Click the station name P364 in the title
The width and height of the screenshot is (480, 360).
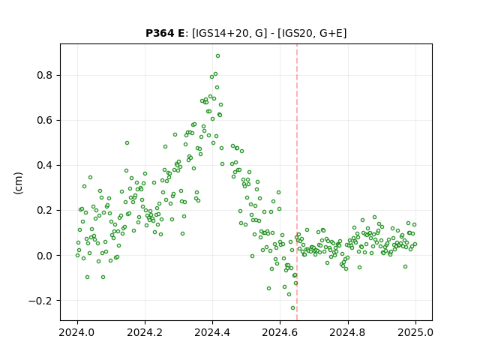(x=160, y=33)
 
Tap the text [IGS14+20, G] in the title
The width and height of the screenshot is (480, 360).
(x=227, y=33)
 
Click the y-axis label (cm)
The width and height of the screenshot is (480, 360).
(x=18, y=183)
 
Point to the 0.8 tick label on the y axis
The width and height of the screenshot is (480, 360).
(x=45, y=75)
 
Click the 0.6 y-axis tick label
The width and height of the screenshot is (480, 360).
(x=45, y=120)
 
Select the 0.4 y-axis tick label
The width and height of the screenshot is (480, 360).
(x=45, y=165)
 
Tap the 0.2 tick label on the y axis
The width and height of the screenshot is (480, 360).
(x=45, y=210)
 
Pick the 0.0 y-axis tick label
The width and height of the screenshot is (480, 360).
(x=45, y=255)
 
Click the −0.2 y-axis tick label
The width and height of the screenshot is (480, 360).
(x=41, y=301)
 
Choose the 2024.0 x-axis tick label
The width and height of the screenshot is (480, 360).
(x=77, y=332)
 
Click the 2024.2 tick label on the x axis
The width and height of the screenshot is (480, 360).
(x=145, y=332)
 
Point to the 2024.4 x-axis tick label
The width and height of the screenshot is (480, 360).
(x=212, y=332)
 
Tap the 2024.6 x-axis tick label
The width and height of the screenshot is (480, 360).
(x=280, y=332)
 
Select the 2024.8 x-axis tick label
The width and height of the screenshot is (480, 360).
(x=348, y=332)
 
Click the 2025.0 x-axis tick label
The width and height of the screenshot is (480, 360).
(x=415, y=332)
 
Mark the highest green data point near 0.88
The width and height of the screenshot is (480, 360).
(x=217, y=56)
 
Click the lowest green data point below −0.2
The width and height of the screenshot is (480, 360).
(x=292, y=308)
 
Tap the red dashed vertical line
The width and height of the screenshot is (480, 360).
(x=297, y=182)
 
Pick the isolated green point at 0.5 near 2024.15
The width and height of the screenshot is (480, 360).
(x=127, y=143)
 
